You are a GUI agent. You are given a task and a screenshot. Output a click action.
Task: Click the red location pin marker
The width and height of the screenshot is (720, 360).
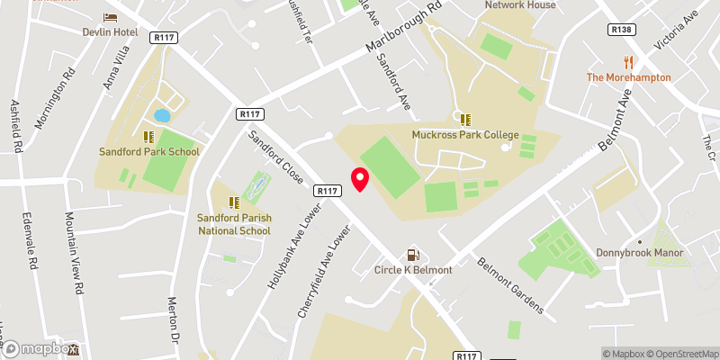pos(360,179)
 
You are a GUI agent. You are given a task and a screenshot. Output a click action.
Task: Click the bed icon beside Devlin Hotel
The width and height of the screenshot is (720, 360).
pos(111,18)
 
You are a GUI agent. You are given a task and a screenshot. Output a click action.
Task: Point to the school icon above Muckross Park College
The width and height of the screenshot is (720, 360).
pos(465,120)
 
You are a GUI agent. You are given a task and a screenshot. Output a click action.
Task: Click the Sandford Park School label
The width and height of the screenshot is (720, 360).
pos(148,151)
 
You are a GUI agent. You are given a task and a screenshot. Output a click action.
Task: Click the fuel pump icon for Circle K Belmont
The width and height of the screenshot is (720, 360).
pos(414,256)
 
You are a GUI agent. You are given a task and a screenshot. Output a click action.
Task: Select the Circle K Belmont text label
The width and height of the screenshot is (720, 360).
pos(414,270)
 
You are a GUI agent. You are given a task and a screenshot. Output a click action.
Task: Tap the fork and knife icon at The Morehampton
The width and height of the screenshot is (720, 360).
pos(629,62)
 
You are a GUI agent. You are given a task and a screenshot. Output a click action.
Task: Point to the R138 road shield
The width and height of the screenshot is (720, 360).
pos(620,30)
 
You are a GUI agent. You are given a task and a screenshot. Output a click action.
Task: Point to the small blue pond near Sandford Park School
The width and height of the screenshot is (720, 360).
pos(162,115)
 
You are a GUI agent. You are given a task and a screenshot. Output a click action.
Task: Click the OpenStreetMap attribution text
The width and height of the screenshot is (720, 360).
pos(678,354)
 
